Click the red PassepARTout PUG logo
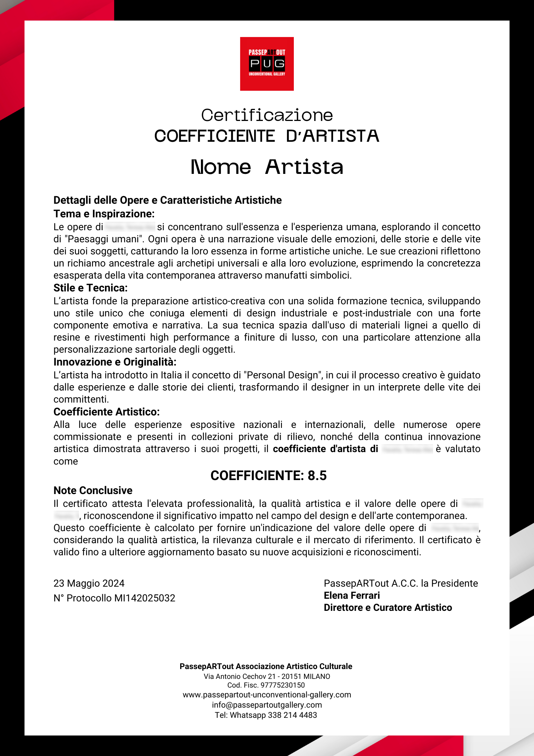click(x=267, y=64)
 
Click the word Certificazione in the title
click(x=267, y=115)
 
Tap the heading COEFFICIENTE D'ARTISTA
click(x=267, y=136)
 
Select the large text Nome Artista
click(x=267, y=167)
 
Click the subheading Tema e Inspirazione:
click(x=104, y=214)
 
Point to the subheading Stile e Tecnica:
click(x=90, y=288)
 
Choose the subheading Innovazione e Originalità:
click(x=115, y=362)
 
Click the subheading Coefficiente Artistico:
click(x=106, y=412)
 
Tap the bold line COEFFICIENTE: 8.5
click(x=268, y=476)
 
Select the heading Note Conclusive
click(x=93, y=491)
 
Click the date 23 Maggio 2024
click(x=89, y=583)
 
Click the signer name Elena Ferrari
click(x=352, y=595)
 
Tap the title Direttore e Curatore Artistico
click(x=387, y=607)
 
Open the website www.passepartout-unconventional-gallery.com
click(x=267, y=695)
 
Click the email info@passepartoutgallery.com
click(x=267, y=705)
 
